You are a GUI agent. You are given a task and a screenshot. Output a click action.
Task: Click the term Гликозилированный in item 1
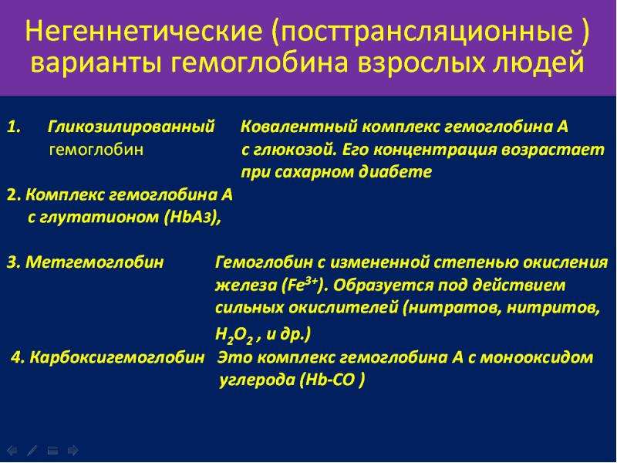(131, 127)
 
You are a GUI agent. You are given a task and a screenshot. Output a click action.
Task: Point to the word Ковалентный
(298, 127)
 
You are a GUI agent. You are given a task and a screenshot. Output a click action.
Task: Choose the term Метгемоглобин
(94, 262)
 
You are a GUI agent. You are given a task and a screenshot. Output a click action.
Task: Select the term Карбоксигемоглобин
(117, 357)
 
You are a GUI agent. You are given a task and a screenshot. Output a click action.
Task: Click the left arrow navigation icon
(12, 451)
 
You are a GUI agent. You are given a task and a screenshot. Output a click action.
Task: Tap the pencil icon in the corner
(32, 451)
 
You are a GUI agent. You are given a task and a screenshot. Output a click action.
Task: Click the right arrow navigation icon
(73, 451)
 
